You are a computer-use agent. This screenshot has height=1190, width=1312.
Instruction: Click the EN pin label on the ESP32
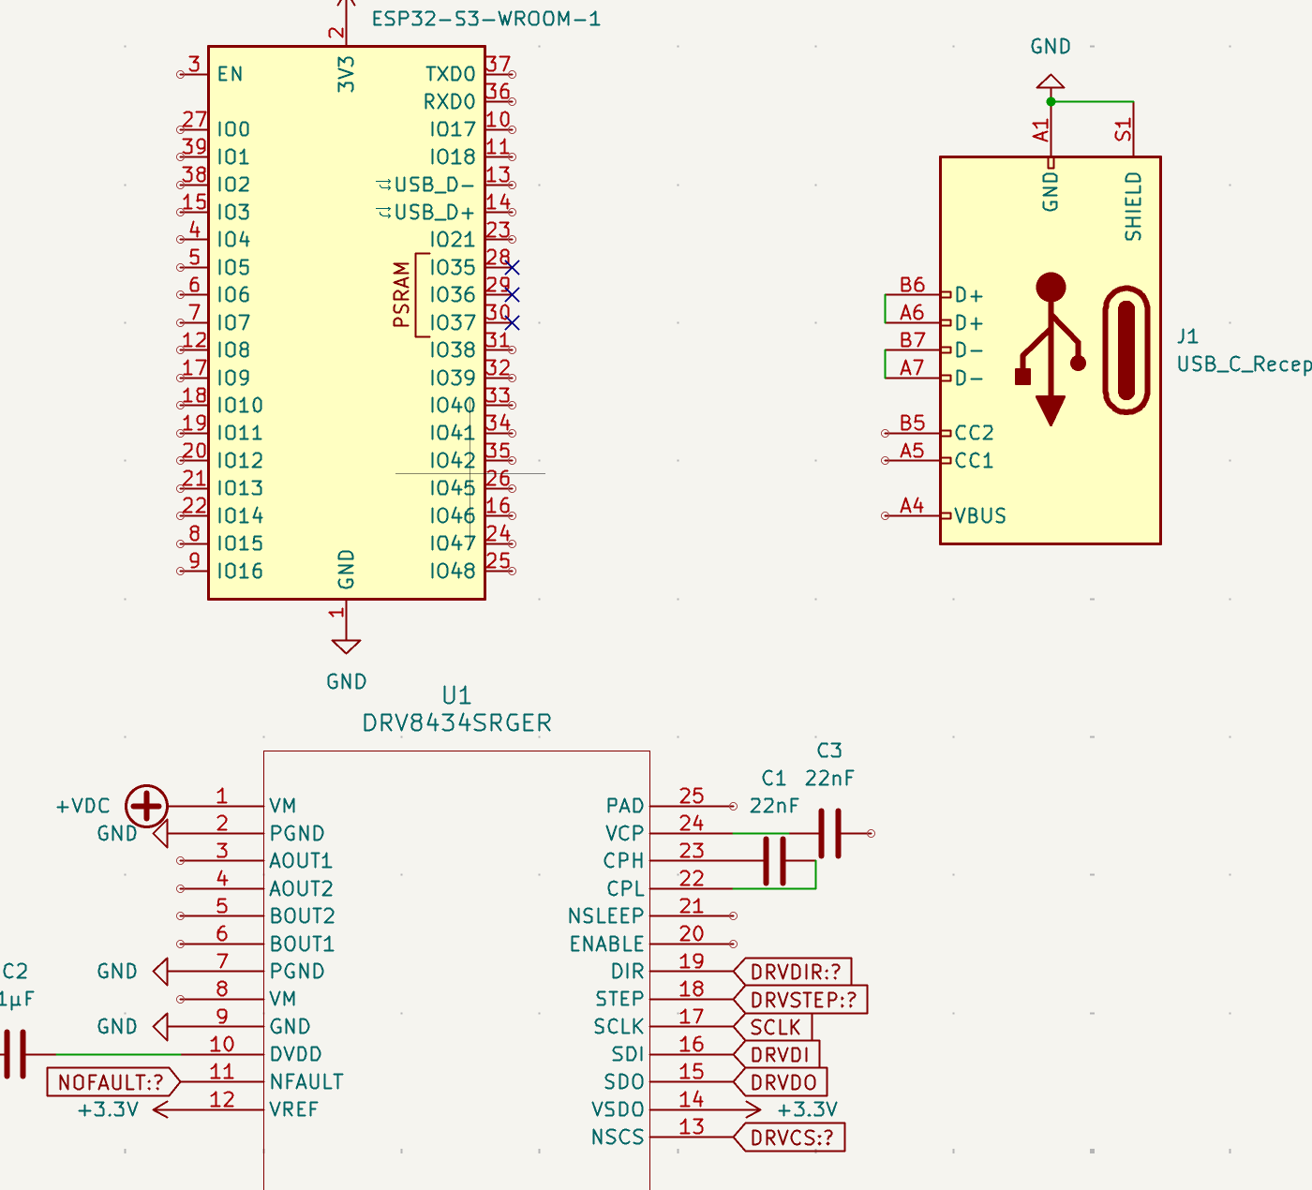click(230, 74)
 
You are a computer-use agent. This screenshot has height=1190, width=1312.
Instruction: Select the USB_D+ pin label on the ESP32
click(434, 213)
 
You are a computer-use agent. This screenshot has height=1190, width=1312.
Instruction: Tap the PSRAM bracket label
click(402, 295)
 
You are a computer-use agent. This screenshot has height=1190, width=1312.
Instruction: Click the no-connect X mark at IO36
click(512, 295)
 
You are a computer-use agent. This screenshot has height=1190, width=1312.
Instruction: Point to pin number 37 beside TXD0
click(498, 65)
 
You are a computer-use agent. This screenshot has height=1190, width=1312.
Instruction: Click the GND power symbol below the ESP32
click(346, 647)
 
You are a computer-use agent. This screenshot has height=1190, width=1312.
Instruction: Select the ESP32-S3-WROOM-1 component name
click(485, 19)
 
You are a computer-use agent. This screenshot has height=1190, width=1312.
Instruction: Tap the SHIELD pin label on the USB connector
click(1134, 206)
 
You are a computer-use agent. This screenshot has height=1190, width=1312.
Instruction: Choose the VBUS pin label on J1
click(980, 516)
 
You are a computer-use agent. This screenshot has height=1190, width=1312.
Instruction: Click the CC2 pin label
click(974, 433)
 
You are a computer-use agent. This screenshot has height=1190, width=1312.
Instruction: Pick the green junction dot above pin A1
click(1051, 101)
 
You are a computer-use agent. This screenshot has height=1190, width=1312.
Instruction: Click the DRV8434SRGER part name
click(456, 723)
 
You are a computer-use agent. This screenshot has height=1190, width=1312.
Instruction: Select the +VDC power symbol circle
click(147, 806)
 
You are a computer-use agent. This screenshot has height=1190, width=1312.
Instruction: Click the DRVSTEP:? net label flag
click(803, 1000)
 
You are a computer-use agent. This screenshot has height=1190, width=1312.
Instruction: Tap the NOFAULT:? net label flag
click(111, 1083)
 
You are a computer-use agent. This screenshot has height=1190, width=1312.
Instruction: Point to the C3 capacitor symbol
click(829, 833)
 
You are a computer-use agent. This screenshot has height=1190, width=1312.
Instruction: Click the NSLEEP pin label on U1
click(605, 916)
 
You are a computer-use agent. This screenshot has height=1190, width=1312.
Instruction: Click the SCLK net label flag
click(775, 1027)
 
